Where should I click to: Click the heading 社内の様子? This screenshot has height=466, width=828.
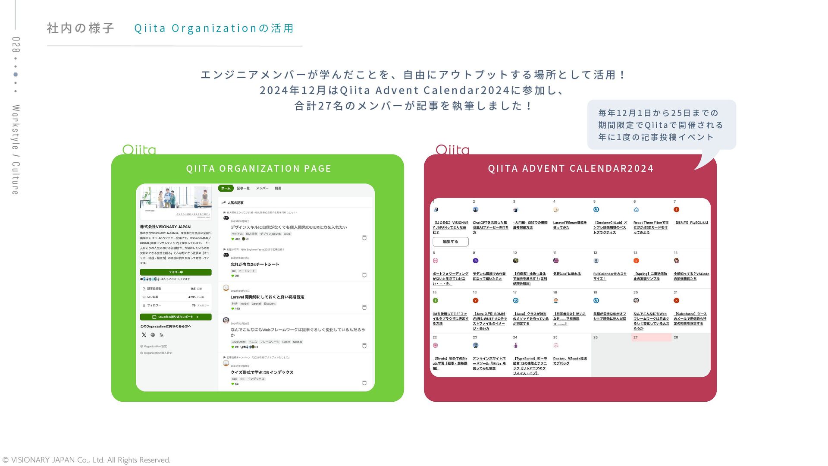point(81,28)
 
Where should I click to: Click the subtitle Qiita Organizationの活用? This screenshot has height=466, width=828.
point(214,28)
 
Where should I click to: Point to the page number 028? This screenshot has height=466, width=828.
point(16,44)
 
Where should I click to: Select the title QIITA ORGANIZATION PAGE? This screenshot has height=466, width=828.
point(258,169)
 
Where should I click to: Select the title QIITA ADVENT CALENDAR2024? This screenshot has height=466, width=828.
point(571,169)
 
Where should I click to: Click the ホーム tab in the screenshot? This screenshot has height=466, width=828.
point(226,189)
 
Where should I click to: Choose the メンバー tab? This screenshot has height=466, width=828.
point(262,189)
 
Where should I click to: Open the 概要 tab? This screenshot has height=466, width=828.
point(278,189)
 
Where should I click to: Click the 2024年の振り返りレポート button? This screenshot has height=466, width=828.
point(176,317)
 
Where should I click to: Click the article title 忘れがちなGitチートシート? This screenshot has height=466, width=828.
point(255,264)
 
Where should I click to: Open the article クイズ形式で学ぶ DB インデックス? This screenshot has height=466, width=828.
point(262,372)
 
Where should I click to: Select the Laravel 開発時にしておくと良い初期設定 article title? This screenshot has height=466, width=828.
point(267,297)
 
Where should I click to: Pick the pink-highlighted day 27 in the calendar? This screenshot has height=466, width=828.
point(651,337)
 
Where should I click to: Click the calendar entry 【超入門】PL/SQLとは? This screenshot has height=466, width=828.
point(691,223)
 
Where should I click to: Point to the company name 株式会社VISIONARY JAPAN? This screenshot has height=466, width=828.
point(165,227)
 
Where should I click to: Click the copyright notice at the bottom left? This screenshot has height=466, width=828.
point(86,460)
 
